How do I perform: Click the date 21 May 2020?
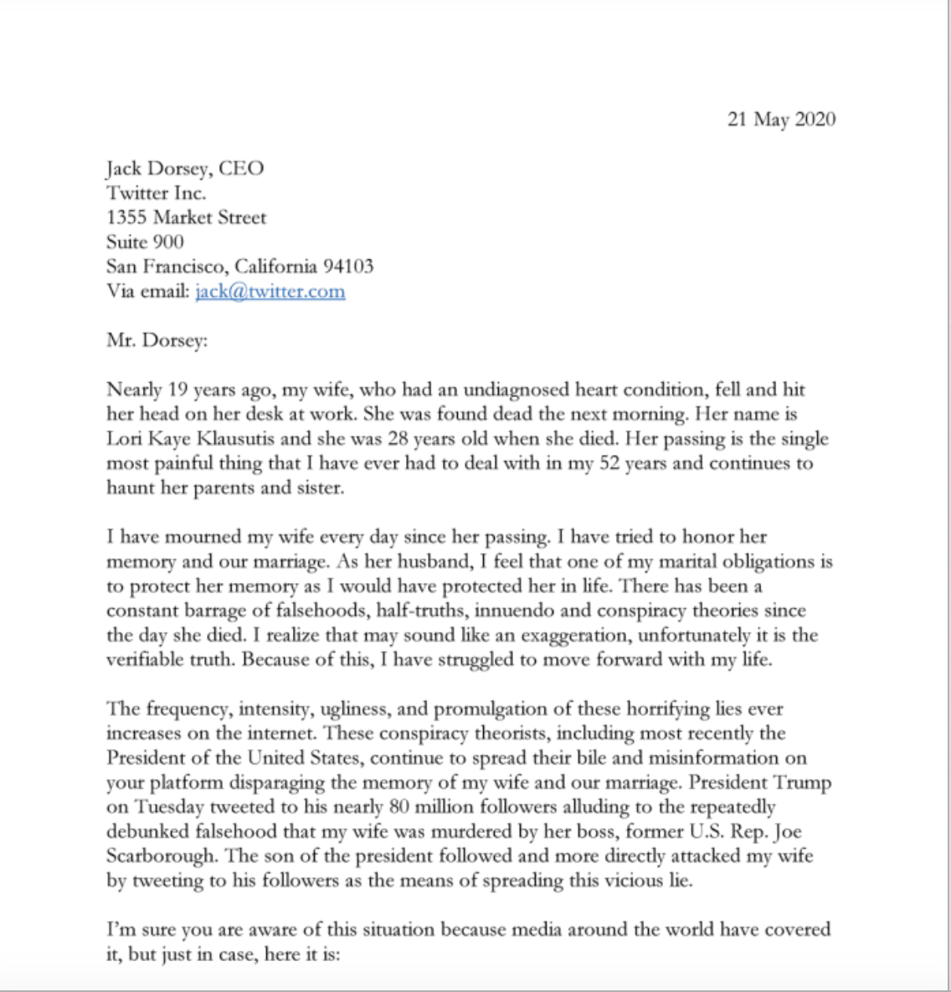(781, 120)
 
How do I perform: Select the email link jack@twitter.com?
(270, 292)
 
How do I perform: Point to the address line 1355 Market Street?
(186, 217)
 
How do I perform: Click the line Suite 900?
(145, 243)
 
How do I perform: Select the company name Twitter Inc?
(156, 193)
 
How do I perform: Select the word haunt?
(131, 488)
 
